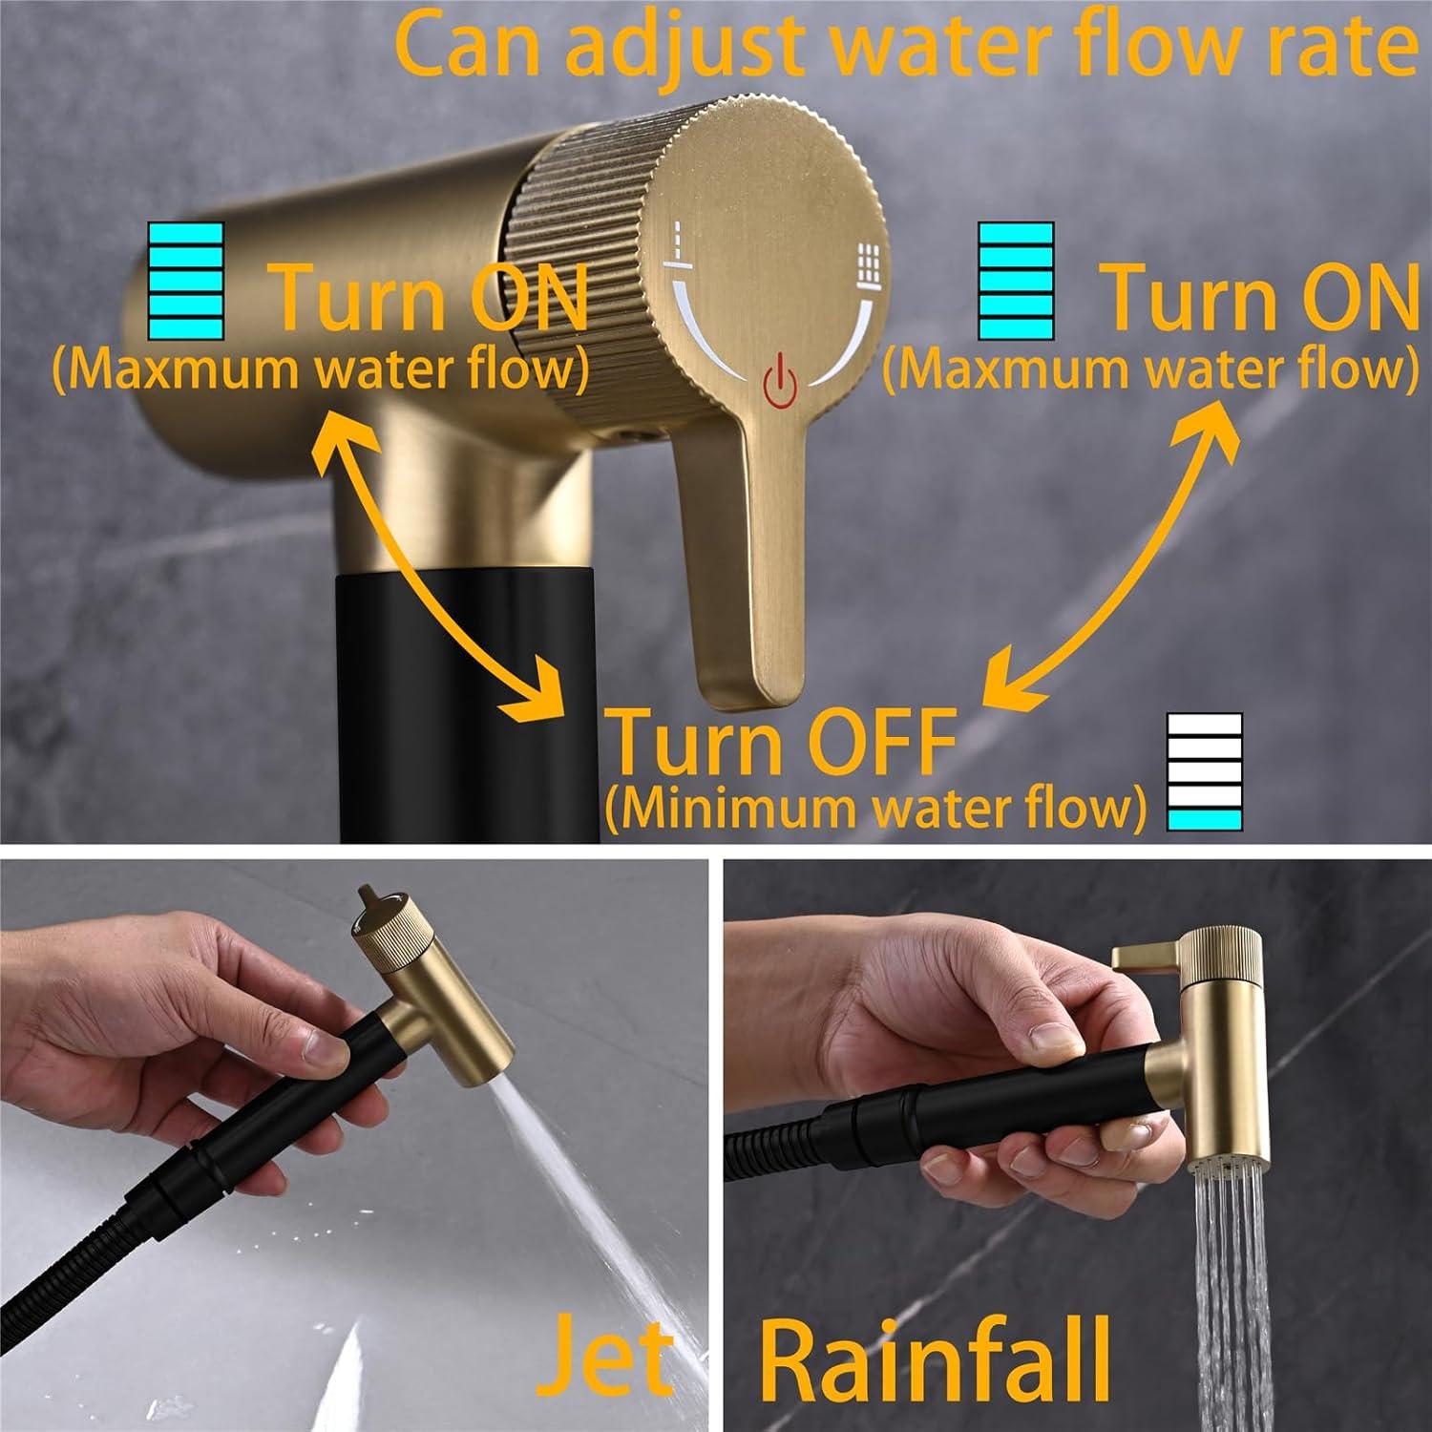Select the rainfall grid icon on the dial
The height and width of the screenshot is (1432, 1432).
point(867,260)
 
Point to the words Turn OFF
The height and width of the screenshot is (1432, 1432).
point(781,743)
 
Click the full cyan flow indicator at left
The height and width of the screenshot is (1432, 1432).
point(185,280)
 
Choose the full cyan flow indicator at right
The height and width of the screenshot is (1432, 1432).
point(1016,280)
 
